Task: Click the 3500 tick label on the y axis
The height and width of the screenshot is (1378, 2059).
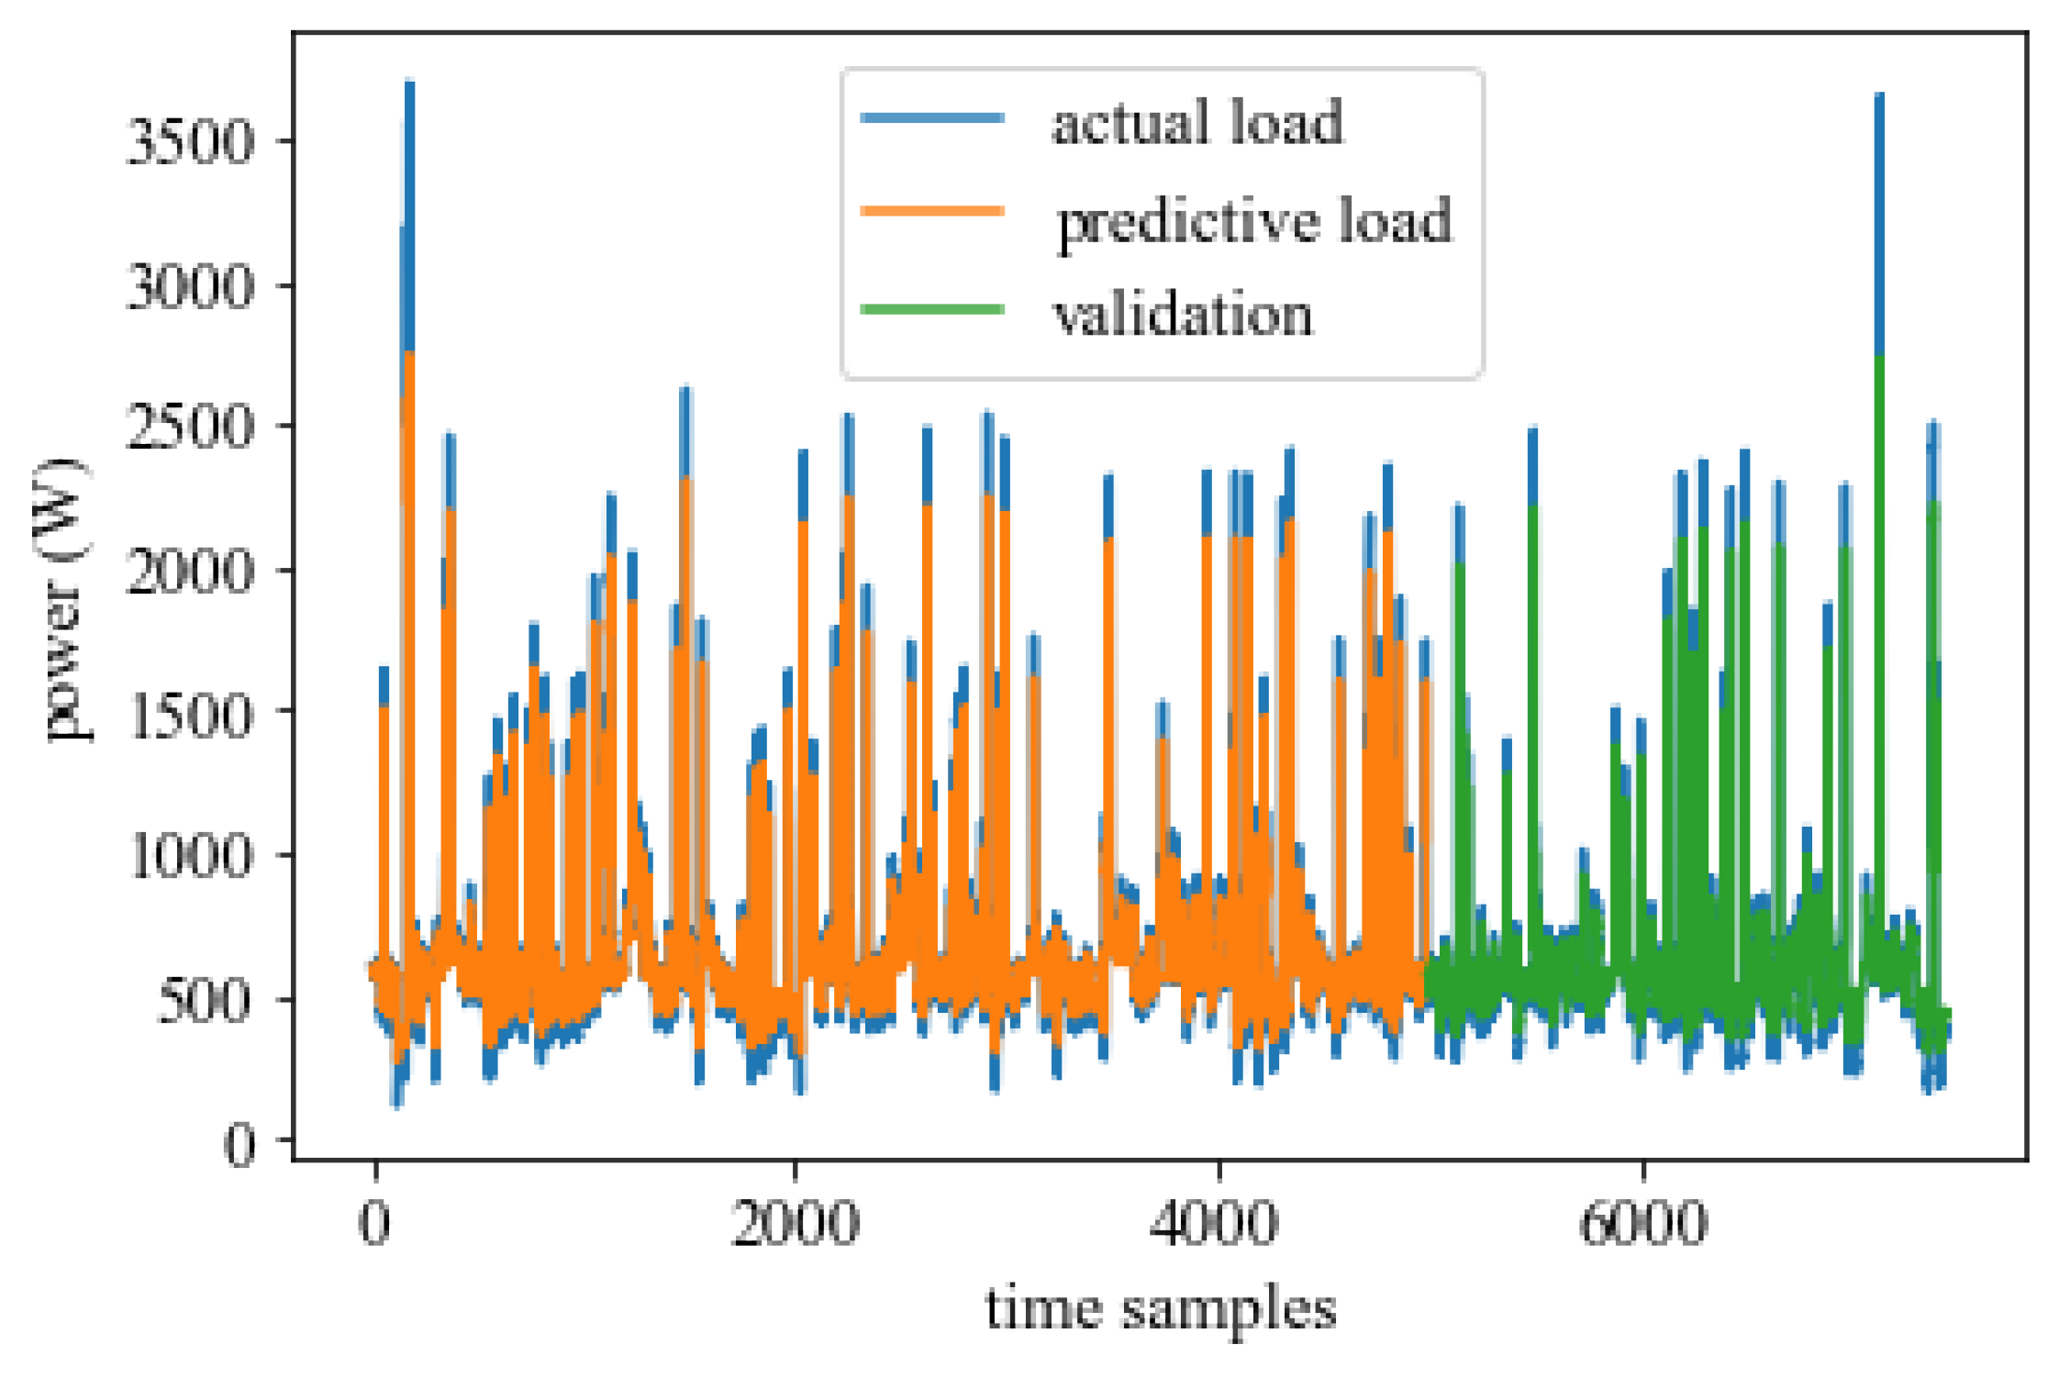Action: [x=188, y=142]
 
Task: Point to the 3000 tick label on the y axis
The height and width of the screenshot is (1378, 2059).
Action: [x=188, y=287]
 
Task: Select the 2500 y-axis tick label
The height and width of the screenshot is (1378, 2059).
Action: [x=188, y=428]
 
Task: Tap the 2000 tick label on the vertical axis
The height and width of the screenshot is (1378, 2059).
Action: [x=188, y=572]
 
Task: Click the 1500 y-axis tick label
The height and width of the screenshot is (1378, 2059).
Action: [x=188, y=713]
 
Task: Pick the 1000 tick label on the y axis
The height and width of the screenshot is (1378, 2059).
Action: [x=188, y=857]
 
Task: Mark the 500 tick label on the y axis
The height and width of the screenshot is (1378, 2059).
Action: [x=203, y=1001]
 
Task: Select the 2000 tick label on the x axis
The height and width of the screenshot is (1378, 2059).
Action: [x=795, y=1224]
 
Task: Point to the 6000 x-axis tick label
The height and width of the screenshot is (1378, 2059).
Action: [x=1642, y=1224]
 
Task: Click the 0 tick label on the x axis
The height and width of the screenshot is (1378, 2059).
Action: [x=374, y=1224]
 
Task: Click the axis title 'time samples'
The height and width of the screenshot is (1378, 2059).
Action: [x=1160, y=1310]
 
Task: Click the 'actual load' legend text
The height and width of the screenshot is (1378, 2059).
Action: [x=1196, y=123]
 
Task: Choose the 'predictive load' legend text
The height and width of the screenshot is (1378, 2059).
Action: [x=1253, y=221]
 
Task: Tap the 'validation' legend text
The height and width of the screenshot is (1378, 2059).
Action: [x=1183, y=315]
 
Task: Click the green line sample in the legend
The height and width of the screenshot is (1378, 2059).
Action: [x=932, y=309]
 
